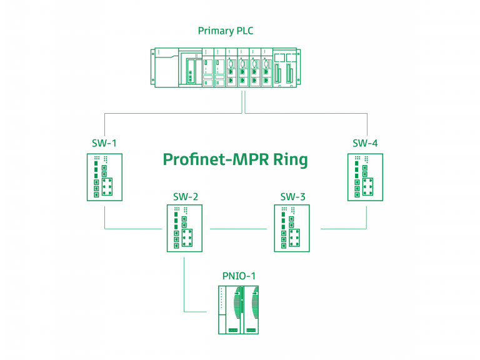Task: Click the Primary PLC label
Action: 226,31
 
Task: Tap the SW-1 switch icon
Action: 104,177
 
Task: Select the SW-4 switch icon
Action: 365,177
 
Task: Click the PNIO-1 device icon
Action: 238,309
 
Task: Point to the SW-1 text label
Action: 104,143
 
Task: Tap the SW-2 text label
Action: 186,197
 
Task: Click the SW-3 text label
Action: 292,197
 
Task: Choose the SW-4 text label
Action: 365,143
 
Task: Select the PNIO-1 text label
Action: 239,276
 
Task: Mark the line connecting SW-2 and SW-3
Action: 238,229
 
